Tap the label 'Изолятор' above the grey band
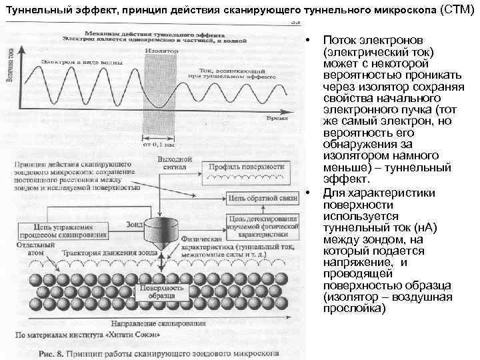click(161, 50)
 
